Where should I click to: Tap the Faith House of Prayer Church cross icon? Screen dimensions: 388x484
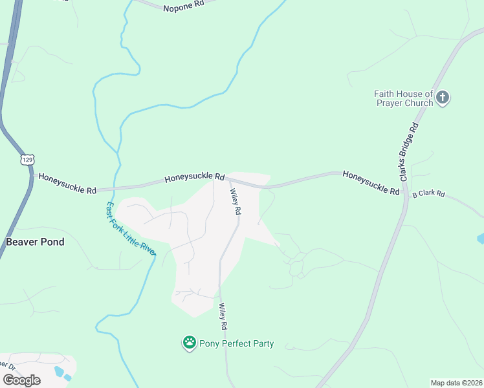coord(443,98)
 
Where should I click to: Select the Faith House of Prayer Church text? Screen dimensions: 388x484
coord(403,98)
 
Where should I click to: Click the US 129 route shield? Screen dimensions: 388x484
coord(27,158)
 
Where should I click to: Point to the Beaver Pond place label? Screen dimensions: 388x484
coord(35,242)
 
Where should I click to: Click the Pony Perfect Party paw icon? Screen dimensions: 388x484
coord(190,343)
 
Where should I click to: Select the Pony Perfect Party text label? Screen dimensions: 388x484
coord(236,343)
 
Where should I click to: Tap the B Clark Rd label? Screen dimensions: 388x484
coord(429,193)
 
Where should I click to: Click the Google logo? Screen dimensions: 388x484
coord(21,380)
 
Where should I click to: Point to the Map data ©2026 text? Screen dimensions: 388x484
coord(456,383)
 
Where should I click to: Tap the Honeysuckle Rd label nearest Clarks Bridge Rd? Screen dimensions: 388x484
coord(371,182)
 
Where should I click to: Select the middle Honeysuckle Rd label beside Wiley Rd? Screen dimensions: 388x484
coord(194,177)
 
